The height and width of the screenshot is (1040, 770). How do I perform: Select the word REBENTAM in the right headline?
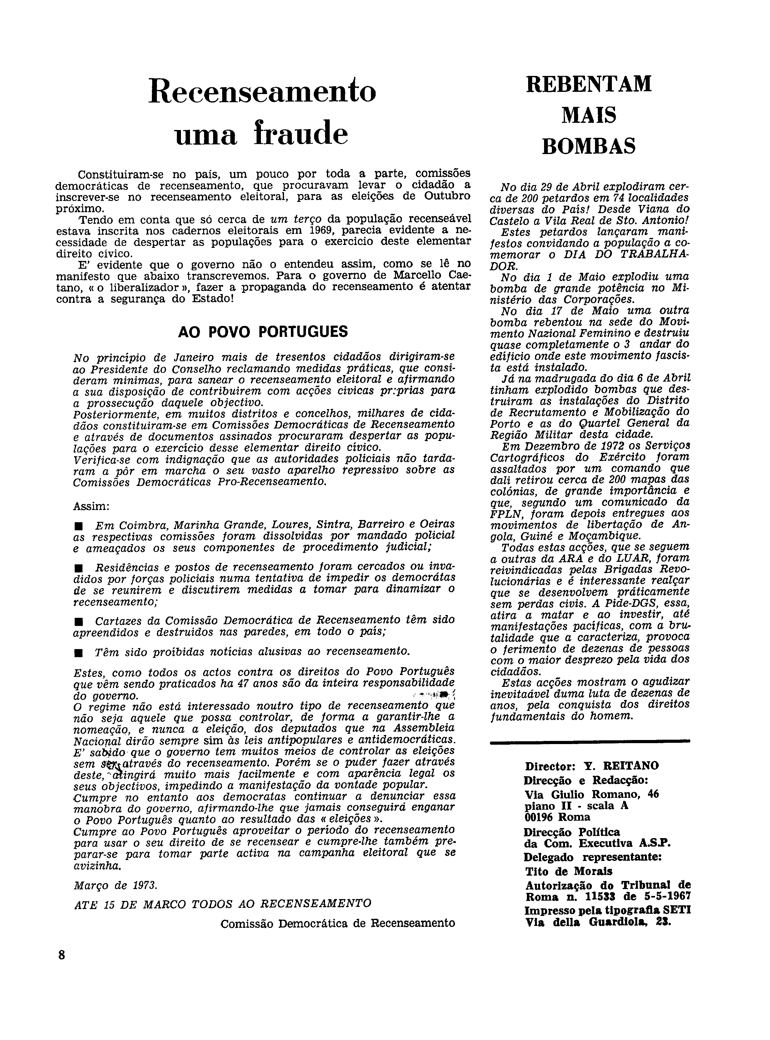click(x=589, y=84)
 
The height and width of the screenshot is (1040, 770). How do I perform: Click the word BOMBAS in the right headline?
click(x=589, y=146)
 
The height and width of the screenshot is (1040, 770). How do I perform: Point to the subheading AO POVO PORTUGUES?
click(x=263, y=332)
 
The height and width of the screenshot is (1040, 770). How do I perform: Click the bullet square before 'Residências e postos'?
click(x=78, y=568)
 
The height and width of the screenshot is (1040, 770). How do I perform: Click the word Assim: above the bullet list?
click(x=91, y=506)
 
